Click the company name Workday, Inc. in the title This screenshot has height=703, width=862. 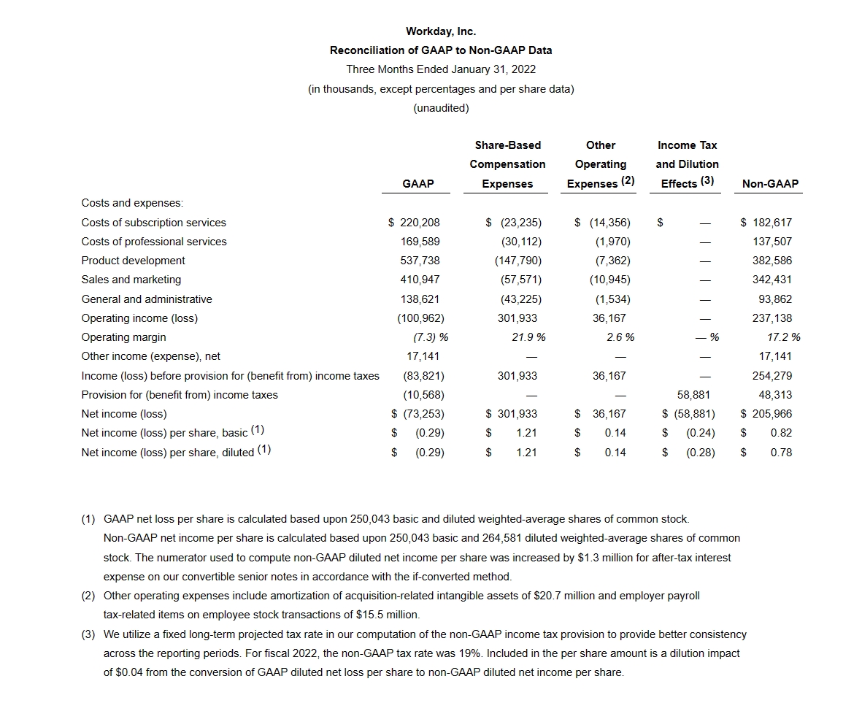pos(441,31)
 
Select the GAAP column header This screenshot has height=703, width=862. pos(417,184)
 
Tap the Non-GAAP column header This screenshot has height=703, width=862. pos(770,184)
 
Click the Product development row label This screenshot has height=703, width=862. pos(134,261)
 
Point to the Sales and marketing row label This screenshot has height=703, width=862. pos(131,280)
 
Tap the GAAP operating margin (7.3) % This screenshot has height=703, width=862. pos(430,337)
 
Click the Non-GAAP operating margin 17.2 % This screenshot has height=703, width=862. pos(783,337)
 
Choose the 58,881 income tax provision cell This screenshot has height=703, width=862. pos(694,395)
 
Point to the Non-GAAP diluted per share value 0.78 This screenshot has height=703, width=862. pos(781,453)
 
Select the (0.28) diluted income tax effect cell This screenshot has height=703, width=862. pos(701,453)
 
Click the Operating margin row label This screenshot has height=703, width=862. pos(124,337)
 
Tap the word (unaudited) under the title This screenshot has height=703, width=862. pos(441,108)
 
